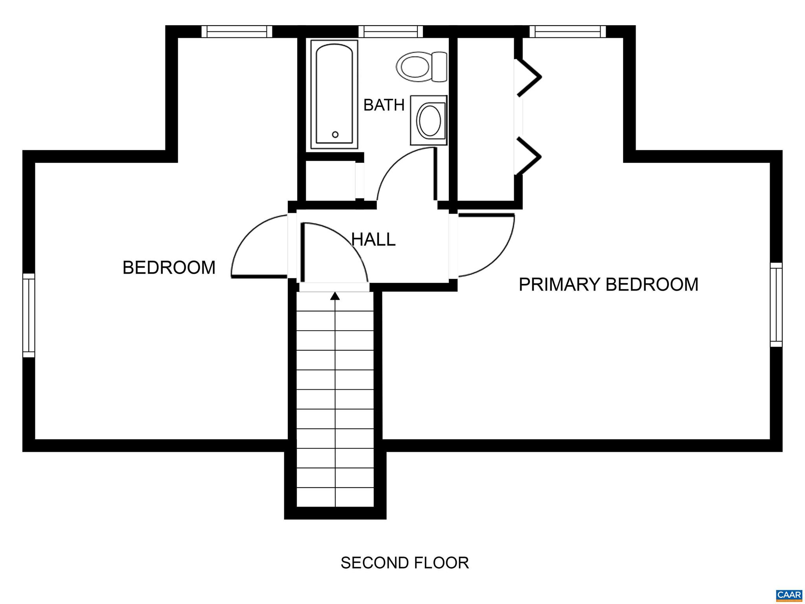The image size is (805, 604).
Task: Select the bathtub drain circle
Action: (x=335, y=134)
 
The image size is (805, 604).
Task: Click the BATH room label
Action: (x=384, y=105)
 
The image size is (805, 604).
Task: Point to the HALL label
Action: (x=373, y=239)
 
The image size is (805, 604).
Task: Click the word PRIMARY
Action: (x=559, y=284)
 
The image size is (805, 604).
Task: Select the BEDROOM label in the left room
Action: (x=169, y=268)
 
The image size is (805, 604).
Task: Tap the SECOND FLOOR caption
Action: (x=404, y=563)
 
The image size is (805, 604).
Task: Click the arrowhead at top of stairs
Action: (x=335, y=296)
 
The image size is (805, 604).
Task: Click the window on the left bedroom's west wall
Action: (x=29, y=315)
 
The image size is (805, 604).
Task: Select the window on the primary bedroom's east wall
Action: (x=776, y=305)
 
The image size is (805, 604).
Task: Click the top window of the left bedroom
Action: (x=237, y=31)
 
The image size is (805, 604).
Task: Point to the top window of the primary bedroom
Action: (x=568, y=31)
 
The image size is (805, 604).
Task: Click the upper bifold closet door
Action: (x=529, y=77)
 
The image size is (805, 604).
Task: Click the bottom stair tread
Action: (x=335, y=498)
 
